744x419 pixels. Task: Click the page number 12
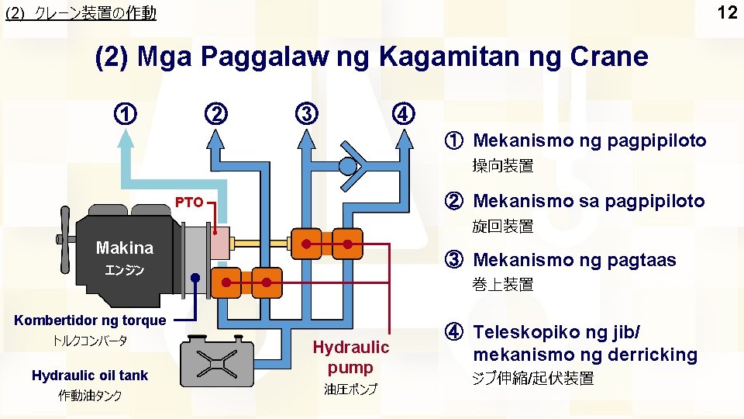pyautogui.click(x=726, y=12)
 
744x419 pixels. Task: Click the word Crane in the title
pyautogui.click(x=608, y=57)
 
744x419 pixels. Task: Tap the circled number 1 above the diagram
pyautogui.click(x=126, y=113)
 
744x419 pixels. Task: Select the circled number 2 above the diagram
pyautogui.click(x=216, y=113)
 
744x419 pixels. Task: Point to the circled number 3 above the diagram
pyautogui.click(x=308, y=113)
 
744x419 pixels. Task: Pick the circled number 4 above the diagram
pyautogui.click(x=403, y=113)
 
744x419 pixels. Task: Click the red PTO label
pyautogui.click(x=188, y=203)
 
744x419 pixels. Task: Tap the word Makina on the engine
pyautogui.click(x=124, y=248)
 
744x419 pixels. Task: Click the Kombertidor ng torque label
pyautogui.click(x=90, y=320)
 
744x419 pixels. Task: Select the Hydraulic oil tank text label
pyautogui.click(x=90, y=376)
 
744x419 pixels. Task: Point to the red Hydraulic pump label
pyautogui.click(x=350, y=357)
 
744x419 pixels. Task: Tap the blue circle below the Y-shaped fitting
pyautogui.click(x=348, y=166)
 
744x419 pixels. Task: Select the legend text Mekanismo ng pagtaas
pyautogui.click(x=573, y=260)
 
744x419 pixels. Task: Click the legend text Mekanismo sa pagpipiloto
pyautogui.click(x=588, y=201)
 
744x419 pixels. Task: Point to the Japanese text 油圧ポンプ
pyautogui.click(x=350, y=389)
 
